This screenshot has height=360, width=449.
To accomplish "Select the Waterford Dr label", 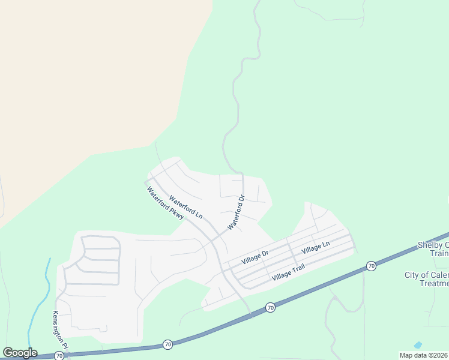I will pos(237,212).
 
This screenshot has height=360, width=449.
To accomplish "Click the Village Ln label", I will pos(316,247).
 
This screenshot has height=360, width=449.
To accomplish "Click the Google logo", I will pos(20,353).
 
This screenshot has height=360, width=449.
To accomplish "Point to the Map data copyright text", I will pos(423,355).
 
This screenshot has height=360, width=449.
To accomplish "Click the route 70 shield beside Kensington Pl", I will pos(59,356).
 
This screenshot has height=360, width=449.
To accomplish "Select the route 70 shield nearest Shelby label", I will pos(372,265).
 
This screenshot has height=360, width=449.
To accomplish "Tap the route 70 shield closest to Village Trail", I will pos(270,307).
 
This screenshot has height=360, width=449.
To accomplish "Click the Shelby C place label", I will pos(433,245).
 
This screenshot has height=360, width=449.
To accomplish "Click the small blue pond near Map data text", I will pos(418,345).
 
